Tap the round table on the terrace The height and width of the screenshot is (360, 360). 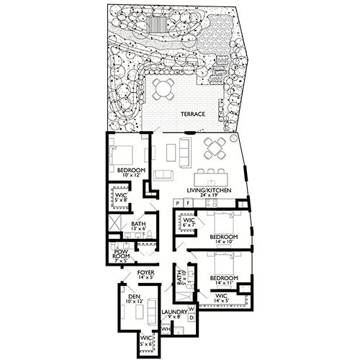pos(163,90)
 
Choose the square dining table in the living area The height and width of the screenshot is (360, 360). pos(213,149)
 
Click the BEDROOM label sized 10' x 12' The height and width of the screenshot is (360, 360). pos(132,171)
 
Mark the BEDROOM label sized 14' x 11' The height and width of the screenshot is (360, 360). pos(224,277)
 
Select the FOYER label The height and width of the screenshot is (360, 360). pos(147,272)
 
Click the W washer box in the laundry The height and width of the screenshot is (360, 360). pos(191,306)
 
